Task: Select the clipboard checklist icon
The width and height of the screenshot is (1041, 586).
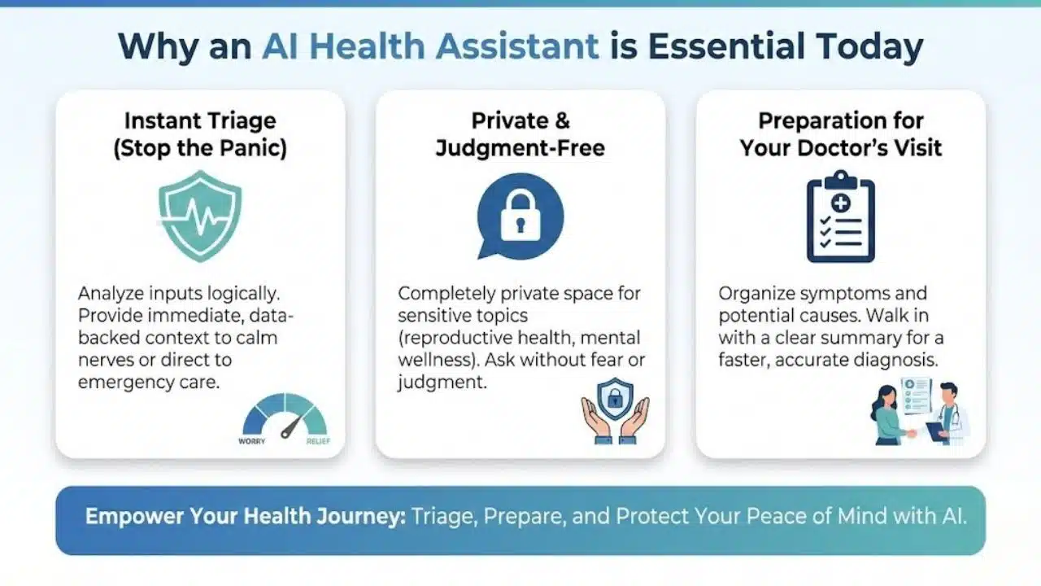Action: pyautogui.click(x=840, y=216)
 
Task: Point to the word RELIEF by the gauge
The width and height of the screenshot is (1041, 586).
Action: pyautogui.click(x=317, y=441)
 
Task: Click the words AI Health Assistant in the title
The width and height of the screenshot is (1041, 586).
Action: pyautogui.click(x=430, y=47)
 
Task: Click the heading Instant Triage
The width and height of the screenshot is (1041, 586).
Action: pyautogui.click(x=200, y=121)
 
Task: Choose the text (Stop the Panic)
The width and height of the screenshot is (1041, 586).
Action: pyautogui.click(x=200, y=149)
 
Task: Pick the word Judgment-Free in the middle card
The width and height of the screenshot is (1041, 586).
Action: pyautogui.click(x=520, y=149)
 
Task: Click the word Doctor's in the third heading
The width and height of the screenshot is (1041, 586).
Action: pyautogui.click(x=867, y=149)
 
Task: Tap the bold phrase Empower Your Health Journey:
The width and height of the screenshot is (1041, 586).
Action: pyautogui.click(x=245, y=517)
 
